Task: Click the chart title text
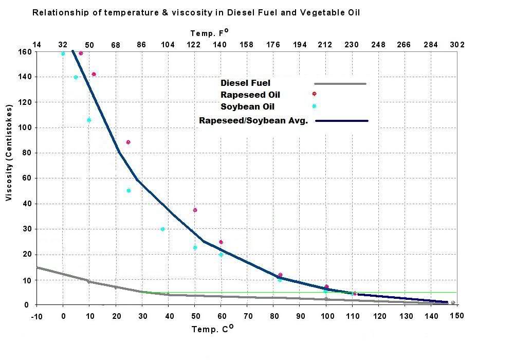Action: click(196, 12)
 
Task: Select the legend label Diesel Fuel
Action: click(245, 83)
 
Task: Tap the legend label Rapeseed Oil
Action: click(250, 95)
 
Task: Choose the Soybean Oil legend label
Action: click(247, 107)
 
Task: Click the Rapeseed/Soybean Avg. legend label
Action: click(253, 121)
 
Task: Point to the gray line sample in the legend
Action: click(340, 83)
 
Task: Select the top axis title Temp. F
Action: click(209, 33)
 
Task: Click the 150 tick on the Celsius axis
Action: click(457, 315)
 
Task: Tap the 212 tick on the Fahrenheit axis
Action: click(325, 45)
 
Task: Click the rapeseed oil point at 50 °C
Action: click(195, 210)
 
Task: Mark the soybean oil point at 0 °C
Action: click(63, 53)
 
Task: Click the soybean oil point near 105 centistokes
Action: click(89, 120)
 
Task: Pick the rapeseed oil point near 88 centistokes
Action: click(128, 142)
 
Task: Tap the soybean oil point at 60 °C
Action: click(221, 255)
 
